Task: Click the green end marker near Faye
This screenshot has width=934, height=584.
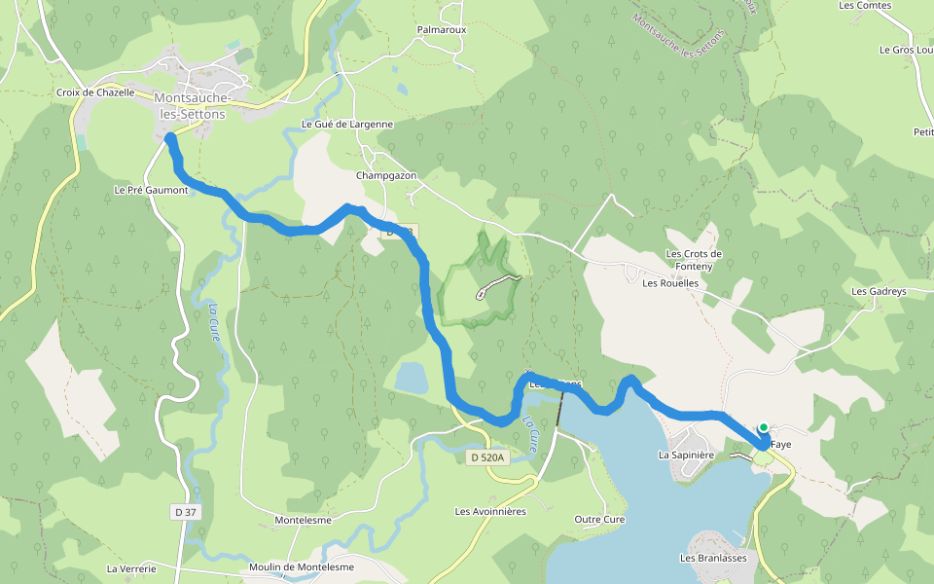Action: click(764, 427)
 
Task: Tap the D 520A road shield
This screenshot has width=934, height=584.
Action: click(487, 457)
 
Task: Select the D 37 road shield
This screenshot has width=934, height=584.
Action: click(185, 511)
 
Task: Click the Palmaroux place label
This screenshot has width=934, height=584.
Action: click(442, 30)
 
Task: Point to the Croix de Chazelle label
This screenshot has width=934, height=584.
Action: click(95, 92)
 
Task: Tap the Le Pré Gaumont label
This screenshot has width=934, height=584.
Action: click(151, 190)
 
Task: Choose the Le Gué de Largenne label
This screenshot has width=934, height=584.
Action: click(347, 124)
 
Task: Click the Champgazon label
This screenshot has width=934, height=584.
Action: click(386, 175)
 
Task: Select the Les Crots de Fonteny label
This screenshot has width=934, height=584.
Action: click(694, 260)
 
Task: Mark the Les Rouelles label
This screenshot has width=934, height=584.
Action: click(671, 283)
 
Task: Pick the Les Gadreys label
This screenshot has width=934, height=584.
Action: click(879, 291)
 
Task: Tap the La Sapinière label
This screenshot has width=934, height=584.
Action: click(687, 455)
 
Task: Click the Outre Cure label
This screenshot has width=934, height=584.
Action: click(599, 519)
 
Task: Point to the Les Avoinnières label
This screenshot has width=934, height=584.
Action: click(490, 511)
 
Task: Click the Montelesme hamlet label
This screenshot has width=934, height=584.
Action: click(304, 520)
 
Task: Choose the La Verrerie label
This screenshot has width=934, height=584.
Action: click(131, 567)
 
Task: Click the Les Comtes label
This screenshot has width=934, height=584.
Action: click(865, 6)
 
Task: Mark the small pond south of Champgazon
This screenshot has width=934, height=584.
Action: click(411, 378)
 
